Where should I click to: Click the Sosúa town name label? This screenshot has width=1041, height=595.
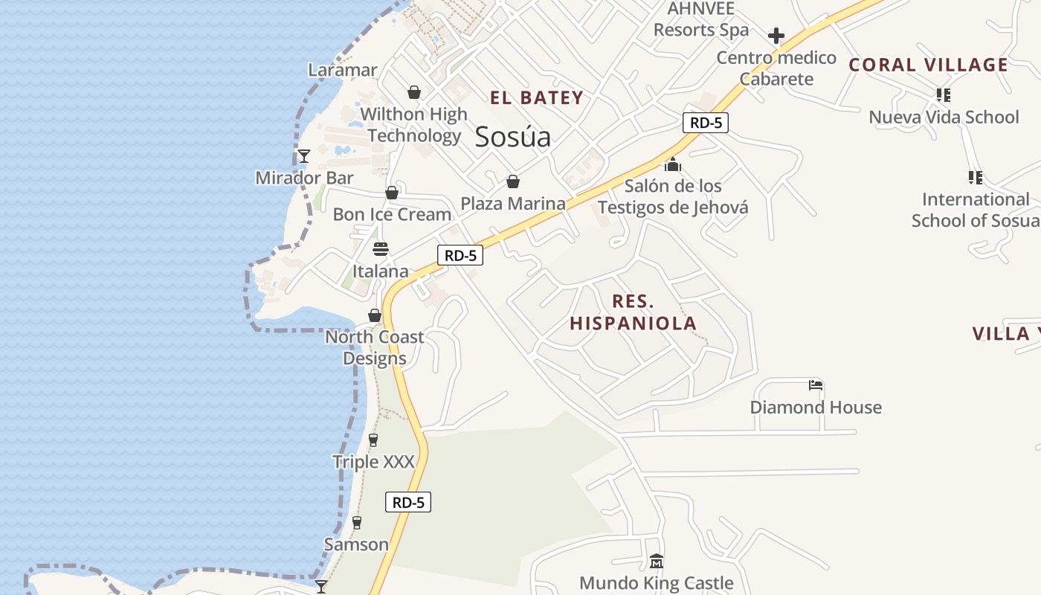tap(513, 137)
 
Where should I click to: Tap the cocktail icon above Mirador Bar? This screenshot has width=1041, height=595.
tap(304, 155)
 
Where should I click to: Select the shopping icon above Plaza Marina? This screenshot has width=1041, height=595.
tap(513, 181)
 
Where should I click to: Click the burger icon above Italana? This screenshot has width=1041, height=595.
tap(381, 248)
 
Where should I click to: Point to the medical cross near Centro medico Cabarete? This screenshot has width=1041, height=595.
tap(776, 36)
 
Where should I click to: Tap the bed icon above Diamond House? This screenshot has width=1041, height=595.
tap(816, 385)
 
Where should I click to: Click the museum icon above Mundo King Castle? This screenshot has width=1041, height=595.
tap(656, 561)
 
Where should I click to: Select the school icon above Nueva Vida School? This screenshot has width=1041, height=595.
tap(944, 94)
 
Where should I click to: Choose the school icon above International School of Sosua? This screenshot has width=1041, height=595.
tap(976, 177)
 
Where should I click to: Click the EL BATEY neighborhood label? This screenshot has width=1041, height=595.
tap(537, 97)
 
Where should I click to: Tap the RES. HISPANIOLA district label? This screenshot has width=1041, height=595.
tap(634, 312)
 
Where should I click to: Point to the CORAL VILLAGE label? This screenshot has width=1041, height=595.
tap(929, 65)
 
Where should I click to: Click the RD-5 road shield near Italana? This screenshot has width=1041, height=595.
tap(460, 255)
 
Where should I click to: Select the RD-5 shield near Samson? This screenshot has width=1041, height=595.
tap(408, 502)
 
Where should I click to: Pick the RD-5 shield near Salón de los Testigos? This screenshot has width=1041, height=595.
tap(705, 123)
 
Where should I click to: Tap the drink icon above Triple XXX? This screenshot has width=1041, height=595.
tap(373, 440)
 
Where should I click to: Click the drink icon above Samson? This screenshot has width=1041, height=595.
tap(357, 522)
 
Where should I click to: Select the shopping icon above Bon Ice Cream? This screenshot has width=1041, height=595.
tap(392, 193)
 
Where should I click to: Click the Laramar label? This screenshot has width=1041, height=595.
tap(343, 70)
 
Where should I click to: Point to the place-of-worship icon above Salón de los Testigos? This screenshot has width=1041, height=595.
tap(673, 164)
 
